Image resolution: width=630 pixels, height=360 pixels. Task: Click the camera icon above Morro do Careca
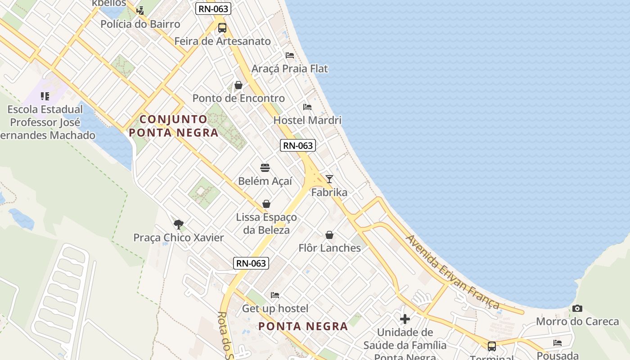click(x=577, y=309)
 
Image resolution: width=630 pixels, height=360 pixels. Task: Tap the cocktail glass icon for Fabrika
click(x=329, y=179)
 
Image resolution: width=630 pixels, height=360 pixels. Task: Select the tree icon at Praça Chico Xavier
click(x=179, y=224)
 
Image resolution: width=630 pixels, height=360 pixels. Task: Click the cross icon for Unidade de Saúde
click(x=405, y=319)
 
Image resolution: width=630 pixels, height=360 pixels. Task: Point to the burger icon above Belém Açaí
click(x=265, y=168)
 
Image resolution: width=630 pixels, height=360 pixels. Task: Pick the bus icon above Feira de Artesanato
click(x=222, y=28)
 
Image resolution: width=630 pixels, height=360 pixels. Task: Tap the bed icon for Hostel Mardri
click(x=307, y=107)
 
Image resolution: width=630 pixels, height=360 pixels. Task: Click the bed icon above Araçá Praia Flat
click(x=290, y=55)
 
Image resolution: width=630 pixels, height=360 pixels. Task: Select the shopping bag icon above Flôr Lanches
click(x=329, y=235)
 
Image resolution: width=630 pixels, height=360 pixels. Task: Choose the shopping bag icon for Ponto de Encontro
click(x=238, y=85)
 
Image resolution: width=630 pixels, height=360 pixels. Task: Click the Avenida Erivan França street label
click(x=452, y=272)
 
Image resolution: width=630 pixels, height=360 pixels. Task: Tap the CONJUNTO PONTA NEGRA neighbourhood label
click(x=174, y=126)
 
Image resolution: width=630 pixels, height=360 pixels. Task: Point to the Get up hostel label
click(x=275, y=309)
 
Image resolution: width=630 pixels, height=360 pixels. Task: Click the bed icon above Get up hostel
click(x=275, y=295)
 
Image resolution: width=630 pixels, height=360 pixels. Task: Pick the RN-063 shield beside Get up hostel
click(x=251, y=263)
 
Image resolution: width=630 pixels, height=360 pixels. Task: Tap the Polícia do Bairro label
click(x=140, y=24)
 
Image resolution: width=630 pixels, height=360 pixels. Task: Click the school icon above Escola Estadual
click(x=45, y=96)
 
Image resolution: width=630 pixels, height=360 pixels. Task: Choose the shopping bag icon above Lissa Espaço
click(x=266, y=204)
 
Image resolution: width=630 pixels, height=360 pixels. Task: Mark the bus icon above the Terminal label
click(x=492, y=346)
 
